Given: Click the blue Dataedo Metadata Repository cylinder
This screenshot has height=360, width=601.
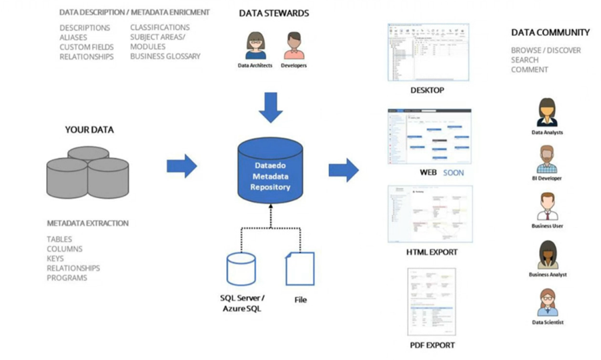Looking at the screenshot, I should (x=270, y=172).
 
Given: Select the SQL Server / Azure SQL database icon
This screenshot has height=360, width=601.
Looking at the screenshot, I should (x=241, y=269).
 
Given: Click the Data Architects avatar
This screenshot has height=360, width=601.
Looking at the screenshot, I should (x=255, y=46).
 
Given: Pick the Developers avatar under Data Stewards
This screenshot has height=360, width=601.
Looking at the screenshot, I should (x=293, y=46).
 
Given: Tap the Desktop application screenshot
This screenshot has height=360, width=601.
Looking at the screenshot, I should (x=428, y=52).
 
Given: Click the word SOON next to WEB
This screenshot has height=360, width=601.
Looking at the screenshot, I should (x=453, y=173).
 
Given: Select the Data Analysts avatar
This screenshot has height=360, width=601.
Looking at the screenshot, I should (x=547, y=112).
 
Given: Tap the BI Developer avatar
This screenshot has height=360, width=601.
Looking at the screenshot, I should (x=547, y=159).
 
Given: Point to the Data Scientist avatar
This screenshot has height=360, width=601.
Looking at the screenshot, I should (x=548, y=303).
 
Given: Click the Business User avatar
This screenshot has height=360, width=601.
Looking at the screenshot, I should (x=547, y=206).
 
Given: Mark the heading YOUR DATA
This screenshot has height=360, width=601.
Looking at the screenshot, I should (x=89, y=130).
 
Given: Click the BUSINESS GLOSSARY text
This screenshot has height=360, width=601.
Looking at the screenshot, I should (x=165, y=57).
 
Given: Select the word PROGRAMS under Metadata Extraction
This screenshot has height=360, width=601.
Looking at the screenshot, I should (x=67, y=278).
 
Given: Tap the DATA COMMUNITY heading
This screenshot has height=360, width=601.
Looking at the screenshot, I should (x=550, y=32).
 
